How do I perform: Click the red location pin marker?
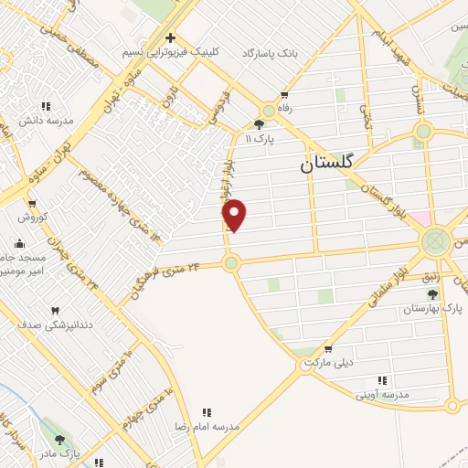tap(235, 215)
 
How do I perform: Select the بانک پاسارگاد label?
tap(271, 55)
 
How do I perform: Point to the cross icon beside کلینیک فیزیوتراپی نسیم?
tap(170, 37)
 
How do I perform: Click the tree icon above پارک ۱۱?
tap(260, 124)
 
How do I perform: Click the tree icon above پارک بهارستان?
tap(431, 294)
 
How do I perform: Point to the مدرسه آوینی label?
tap(384, 394)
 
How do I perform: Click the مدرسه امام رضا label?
tap(207, 427)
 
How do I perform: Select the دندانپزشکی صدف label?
tap(57, 324)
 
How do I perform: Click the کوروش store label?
tap(32, 218)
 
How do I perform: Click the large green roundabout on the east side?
tap(435, 242)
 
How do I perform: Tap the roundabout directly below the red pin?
tap(231, 263)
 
